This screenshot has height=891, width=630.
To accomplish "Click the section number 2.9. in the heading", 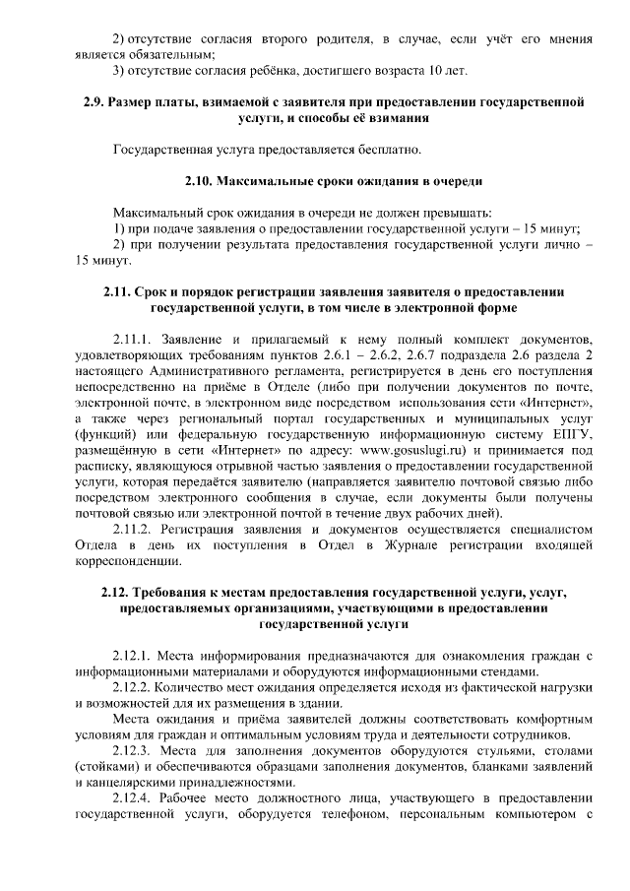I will click(95, 102).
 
